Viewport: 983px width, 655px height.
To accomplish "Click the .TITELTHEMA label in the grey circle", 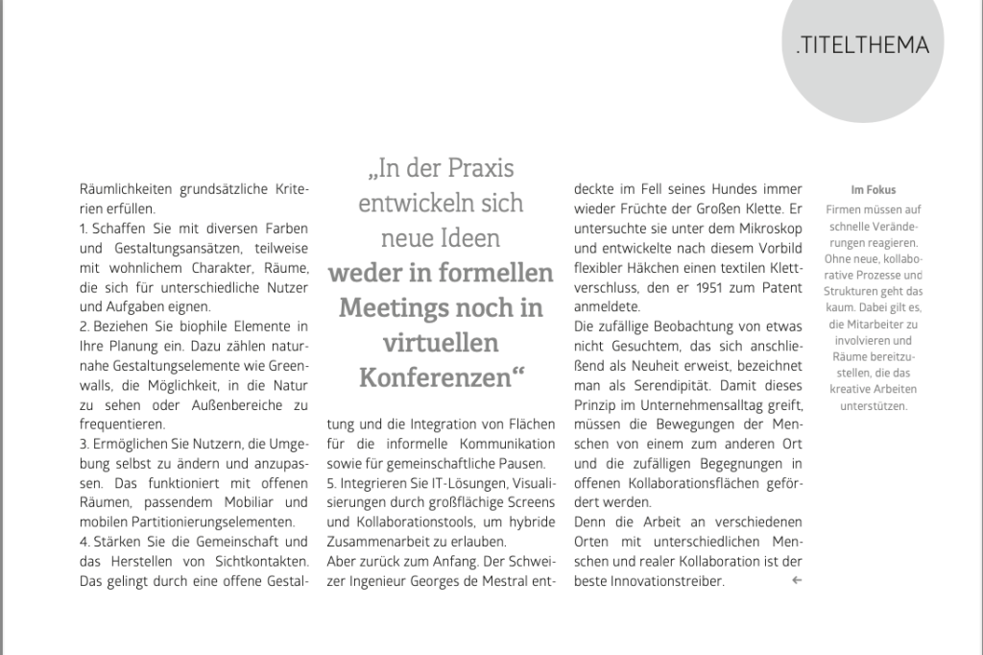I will coord(862,45).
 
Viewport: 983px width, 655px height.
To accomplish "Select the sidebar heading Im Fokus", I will coord(873,190).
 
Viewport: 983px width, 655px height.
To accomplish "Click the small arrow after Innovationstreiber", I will coord(796,581).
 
